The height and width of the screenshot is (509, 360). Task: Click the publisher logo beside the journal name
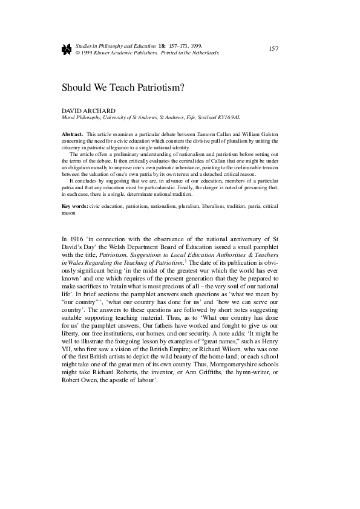point(67,48)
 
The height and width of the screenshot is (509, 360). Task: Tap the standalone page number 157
point(272,48)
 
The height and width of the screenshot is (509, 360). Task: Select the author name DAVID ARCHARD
point(89,111)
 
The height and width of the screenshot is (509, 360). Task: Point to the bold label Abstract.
point(73,133)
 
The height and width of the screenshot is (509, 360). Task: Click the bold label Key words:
point(75,207)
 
